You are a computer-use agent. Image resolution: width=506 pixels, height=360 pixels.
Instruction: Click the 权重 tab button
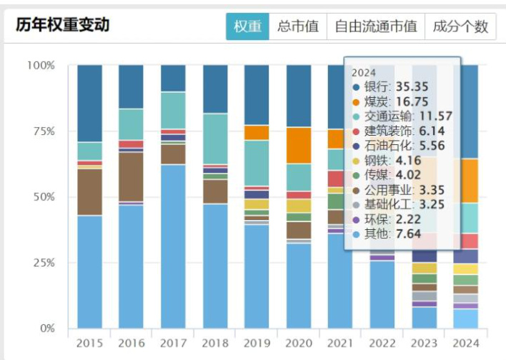coord(248,27)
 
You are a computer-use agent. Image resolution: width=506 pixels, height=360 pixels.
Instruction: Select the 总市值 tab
coord(299,27)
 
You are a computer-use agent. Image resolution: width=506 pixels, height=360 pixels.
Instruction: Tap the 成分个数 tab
coord(460,27)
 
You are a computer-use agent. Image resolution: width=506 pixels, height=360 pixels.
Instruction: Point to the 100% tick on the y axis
coord(41,66)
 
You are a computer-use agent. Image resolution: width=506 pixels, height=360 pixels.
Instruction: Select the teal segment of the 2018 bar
coord(216,139)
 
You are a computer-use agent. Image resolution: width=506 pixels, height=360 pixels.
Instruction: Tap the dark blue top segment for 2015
coord(90,103)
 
